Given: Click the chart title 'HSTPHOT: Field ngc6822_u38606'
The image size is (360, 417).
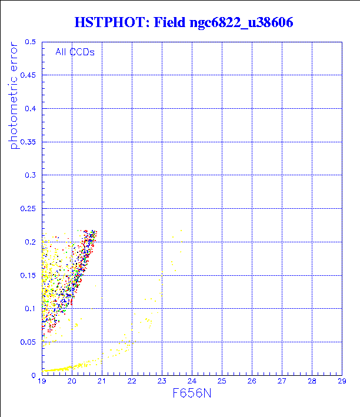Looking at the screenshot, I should coord(184,23).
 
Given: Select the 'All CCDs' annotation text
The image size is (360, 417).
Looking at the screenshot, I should coord(75,52).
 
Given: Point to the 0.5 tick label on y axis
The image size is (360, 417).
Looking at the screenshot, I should coord(31,42).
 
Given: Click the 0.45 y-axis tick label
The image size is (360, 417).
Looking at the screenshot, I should coord(28,75).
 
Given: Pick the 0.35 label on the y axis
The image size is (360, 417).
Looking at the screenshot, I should coord(28,142).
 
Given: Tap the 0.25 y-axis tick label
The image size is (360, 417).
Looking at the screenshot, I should coord(28,209).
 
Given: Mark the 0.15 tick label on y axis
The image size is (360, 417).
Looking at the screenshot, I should coord(28,275).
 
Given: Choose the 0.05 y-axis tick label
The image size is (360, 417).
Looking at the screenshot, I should coord(28,342).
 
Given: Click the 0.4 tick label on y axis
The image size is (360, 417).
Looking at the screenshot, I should coord(31,109).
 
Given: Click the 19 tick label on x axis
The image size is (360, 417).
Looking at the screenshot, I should coord(42,381).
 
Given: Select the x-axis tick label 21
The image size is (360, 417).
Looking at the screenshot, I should coord(102,381).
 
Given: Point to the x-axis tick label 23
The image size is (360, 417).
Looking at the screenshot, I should coord(162,381).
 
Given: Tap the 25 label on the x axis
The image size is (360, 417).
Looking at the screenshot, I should coord(222,381).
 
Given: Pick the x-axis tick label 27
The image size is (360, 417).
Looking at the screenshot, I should coord(282,381).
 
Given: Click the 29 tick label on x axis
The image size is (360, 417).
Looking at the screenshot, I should coord(342,381).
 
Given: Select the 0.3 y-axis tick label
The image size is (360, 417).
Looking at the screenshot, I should coord(31,175).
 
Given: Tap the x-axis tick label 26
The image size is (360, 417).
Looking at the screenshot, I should coord(252,381).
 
